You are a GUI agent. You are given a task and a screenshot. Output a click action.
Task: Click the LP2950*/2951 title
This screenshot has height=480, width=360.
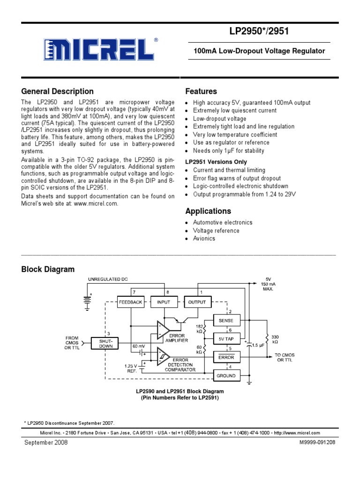[259, 31]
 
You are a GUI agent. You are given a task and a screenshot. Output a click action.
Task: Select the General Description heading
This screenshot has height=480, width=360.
[58, 91]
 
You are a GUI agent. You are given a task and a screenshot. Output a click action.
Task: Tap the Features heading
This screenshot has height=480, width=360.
[201, 91]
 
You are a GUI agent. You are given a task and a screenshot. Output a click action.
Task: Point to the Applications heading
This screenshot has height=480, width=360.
[208, 211]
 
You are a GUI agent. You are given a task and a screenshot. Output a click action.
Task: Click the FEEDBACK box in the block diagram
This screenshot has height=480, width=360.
[131, 302]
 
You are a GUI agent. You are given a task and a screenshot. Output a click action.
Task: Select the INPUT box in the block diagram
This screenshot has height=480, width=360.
[164, 302]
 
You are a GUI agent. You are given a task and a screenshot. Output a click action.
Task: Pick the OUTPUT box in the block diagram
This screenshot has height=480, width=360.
[197, 302]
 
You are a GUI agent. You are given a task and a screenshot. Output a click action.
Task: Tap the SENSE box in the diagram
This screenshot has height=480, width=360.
[226, 321]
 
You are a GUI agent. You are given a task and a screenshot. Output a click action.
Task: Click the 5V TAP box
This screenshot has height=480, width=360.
[226, 339]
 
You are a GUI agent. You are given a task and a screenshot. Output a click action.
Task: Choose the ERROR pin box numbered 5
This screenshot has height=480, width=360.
[226, 357]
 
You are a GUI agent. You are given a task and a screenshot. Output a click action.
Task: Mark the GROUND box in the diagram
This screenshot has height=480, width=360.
[226, 375]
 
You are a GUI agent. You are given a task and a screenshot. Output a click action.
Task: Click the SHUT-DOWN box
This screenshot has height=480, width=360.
[105, 344]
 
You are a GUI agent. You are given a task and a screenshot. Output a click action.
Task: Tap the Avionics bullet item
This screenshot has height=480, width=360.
[204, 239]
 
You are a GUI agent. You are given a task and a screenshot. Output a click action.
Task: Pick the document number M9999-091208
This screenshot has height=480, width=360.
[317, 442]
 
